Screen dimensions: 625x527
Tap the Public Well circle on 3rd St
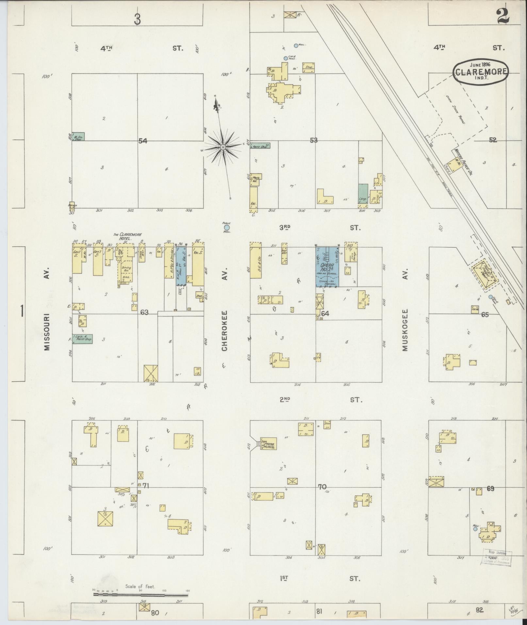click(x=226, y=227)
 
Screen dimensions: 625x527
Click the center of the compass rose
click(x=223, y=147)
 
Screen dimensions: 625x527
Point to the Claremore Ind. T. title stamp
click(x=481, y=72)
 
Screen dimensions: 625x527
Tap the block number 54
click(x=143, y=141)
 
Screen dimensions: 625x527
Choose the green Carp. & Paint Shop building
click(x=82, y=339)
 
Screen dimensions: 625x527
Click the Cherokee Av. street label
click(x=224, y=331)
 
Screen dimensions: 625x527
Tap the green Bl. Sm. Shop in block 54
click(x=78, y=137)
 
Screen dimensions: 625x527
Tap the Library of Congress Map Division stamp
click(x=497, y=557)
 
